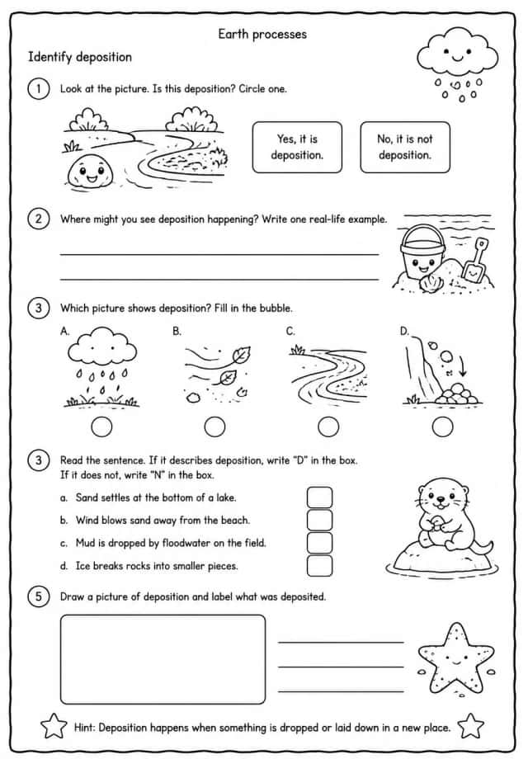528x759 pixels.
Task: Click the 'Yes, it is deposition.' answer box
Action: pyautogui.click(x=297, y=147)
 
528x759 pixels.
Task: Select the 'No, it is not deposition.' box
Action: pyautogui.click(x=405, y=147)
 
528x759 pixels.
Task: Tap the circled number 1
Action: pyautogui.click(x=39, y=88)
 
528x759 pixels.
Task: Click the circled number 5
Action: pyautogui.click(x=39, y=596)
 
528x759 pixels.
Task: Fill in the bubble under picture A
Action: pyautogui.click(x=101, y=427)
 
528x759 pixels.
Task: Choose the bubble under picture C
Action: pyautogui.click(x=328, y=427)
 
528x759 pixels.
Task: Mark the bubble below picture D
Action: pyautogui.click(x=442, y=427)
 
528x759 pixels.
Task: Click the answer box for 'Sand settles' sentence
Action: pyautogui.click(x=319, y=497)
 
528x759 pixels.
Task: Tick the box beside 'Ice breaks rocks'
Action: pyautogui.click(x=319, y=565)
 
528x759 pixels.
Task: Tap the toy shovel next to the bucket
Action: pyautogui.click(x=474, y=262)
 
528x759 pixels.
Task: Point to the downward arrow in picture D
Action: pyautogui.click(x=463, y=366)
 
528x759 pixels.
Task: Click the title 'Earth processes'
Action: pyautogui.click(x=262, y=34)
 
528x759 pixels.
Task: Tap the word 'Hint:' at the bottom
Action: pyautogui.click(x=84, y=728)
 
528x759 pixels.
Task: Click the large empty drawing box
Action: pyautogui.click(x=163, y=659)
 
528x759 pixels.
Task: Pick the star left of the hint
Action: pyautogui.click(x=54, y=726)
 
